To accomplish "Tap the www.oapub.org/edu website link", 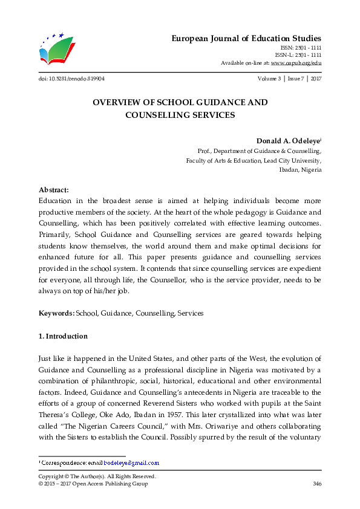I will [296, 62].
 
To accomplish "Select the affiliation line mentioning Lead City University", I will [254, 160].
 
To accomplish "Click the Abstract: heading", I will [54, 189].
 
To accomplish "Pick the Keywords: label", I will [56, 313].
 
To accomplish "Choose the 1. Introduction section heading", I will [63, 336].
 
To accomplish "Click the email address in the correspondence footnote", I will [131, 463].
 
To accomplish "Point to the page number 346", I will [316, 484].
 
